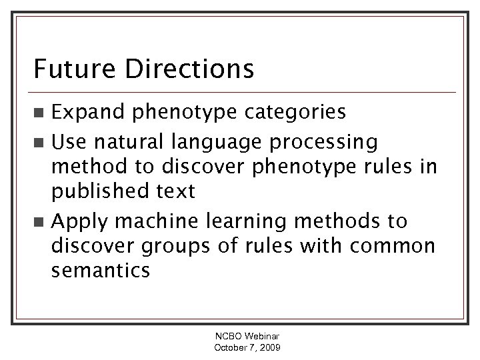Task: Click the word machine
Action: [148, 221]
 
